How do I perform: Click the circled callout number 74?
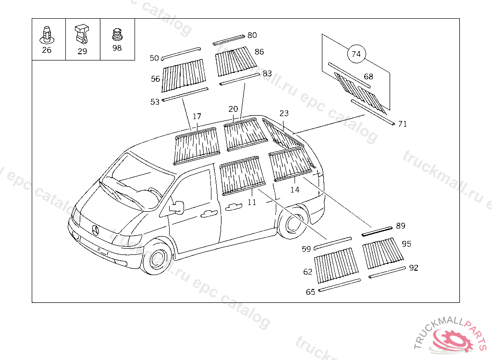point(356,54)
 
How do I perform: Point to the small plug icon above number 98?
point(117,35)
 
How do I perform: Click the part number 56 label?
point(155,79)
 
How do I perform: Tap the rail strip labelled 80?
point(229,39)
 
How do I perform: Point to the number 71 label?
point(403,124)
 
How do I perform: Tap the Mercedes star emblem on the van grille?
point(95,230)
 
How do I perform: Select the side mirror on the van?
point(176,207)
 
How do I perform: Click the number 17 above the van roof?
point(197,117)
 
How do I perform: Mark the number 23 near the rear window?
point(284,113)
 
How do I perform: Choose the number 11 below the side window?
point(252,202)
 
